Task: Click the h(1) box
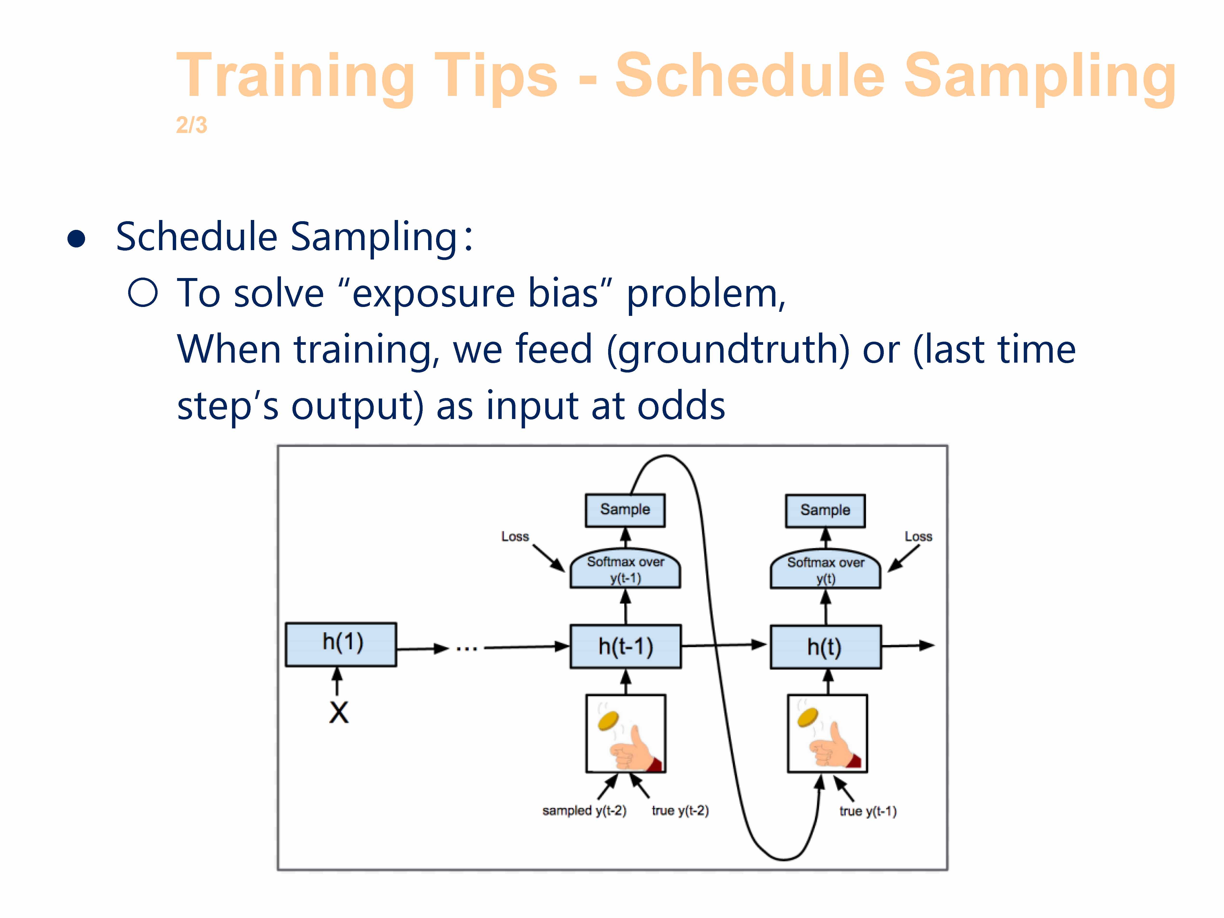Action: (341, 645)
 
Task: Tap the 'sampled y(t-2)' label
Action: (584, 811)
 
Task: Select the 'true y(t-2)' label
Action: (680, 811)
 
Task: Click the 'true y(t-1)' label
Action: (868, 811)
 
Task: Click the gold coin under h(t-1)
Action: (609, 720)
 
